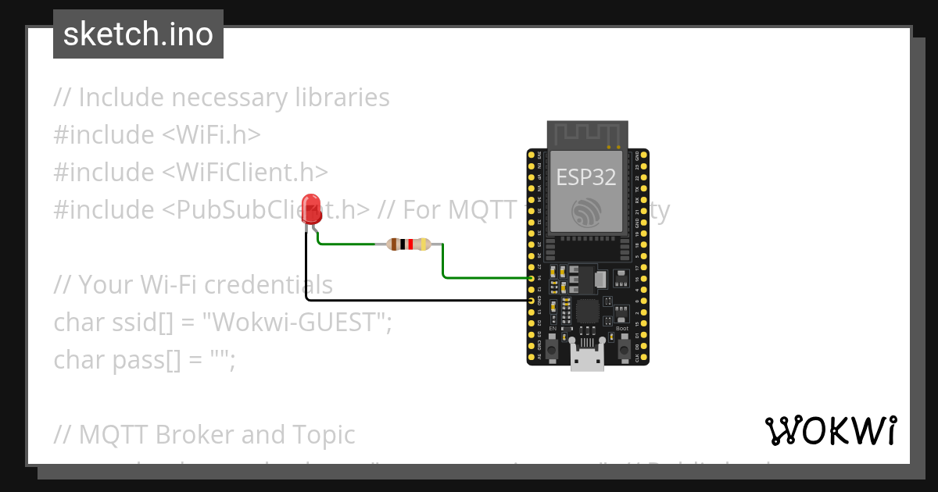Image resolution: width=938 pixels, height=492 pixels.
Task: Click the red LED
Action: (311, 207)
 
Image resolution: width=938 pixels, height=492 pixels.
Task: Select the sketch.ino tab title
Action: (138, 34)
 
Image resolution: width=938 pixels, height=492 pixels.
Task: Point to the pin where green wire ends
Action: (532, 278)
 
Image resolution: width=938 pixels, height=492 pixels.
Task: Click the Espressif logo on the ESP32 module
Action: (587, 212)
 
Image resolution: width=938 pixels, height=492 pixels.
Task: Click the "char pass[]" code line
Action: (144, 359)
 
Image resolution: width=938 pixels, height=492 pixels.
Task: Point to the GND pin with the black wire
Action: (532, 300)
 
